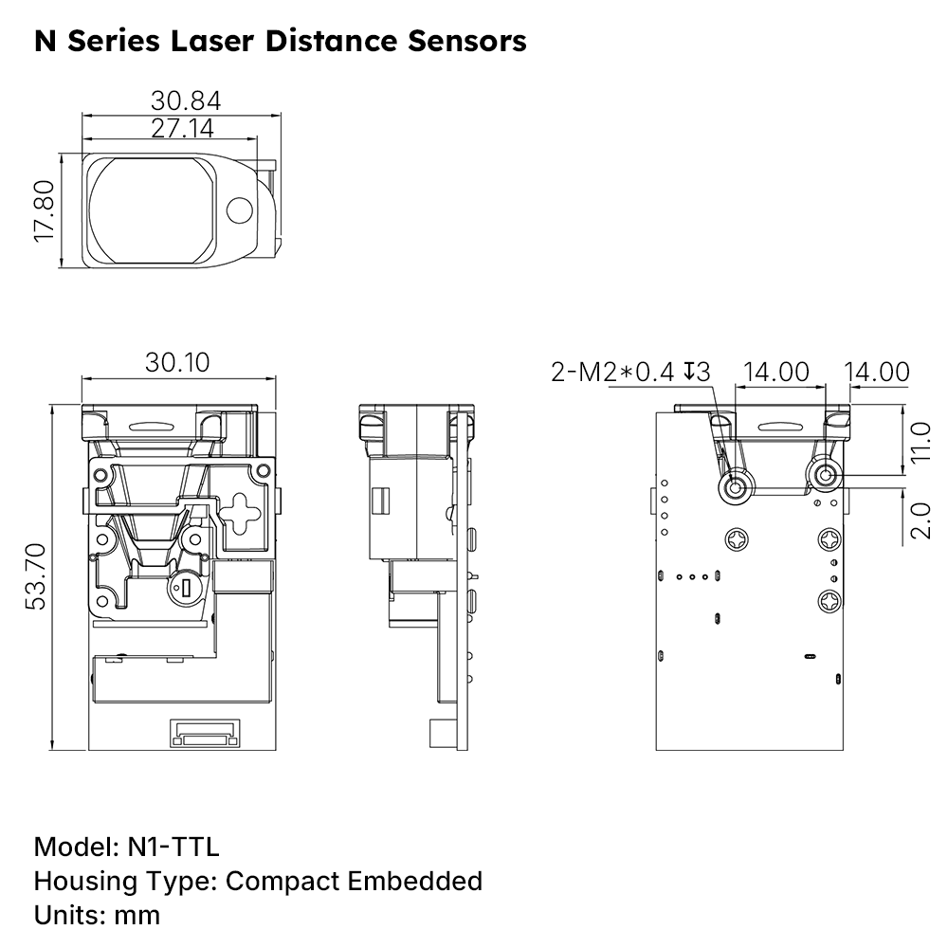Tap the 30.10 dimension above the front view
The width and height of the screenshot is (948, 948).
[177, 362]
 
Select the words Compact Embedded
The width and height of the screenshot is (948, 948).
[354, 881]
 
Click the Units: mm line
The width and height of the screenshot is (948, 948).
[97, 915]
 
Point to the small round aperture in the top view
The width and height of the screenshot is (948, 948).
[242, 210]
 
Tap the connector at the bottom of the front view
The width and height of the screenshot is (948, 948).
[205, 733]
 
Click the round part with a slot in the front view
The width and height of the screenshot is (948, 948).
[185, 590]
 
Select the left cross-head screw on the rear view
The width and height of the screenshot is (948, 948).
[738, 539]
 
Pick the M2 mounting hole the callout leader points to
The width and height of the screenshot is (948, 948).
[735, 487]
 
